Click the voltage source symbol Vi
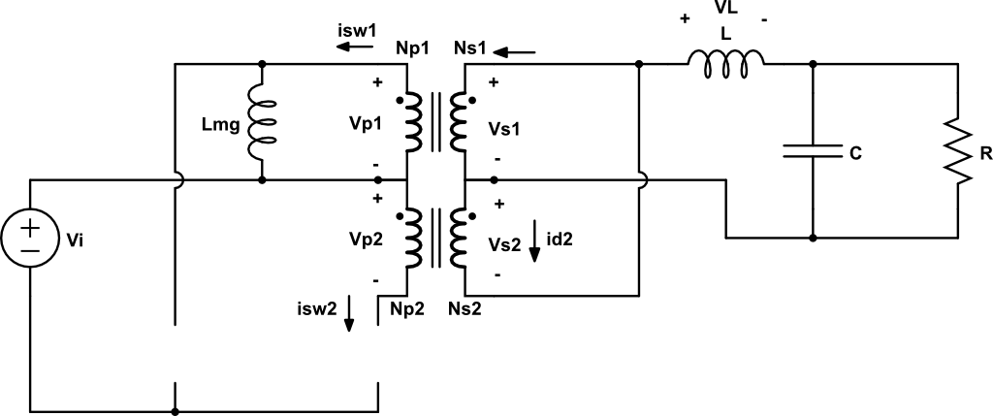(x=30, y=237)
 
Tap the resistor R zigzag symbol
(x=959, y=151)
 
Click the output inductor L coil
(x=725, y=61)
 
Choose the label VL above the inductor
(x=725, y=8)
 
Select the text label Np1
(x=412, y=48)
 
